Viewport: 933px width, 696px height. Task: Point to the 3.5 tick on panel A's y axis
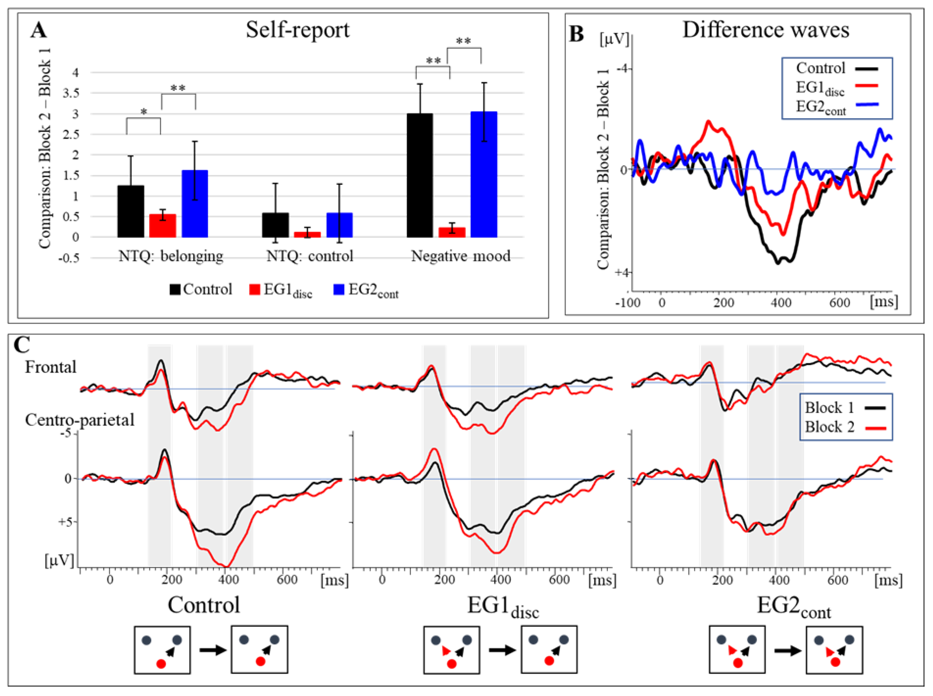(70, 93)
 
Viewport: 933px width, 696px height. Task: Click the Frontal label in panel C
(51, 367)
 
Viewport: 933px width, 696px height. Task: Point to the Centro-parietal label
(79, 420)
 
